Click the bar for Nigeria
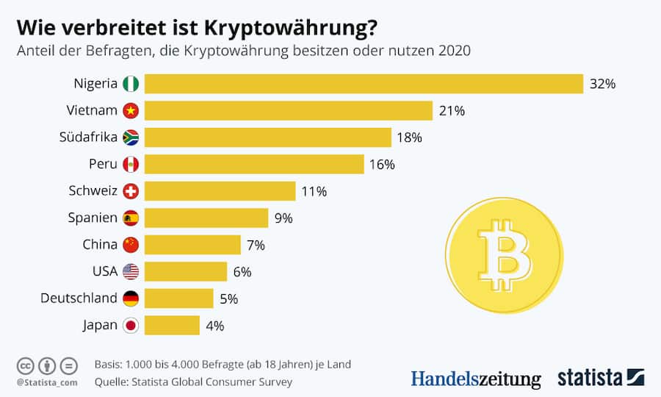tap(364, 84)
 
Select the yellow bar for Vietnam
tap(288, 111)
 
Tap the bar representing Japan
tap(172, 325)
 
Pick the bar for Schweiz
tap(220, 191)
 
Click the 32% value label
tap(602, 84)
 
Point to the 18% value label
tap(409, 137)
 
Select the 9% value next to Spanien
tap(283, 218)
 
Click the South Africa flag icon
tap(131, 137)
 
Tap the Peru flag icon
tap(131, 164)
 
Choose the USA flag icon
tap(131, 271)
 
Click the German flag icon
tap(131, 298)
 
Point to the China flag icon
tap(131, 245)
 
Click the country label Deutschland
tap(79, 298)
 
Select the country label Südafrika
tap(88, 137)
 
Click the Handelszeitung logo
tap(475, 379)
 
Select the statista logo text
tap(590, 378)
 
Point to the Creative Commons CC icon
tap(25, 365)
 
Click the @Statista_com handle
tap(46, 382)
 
